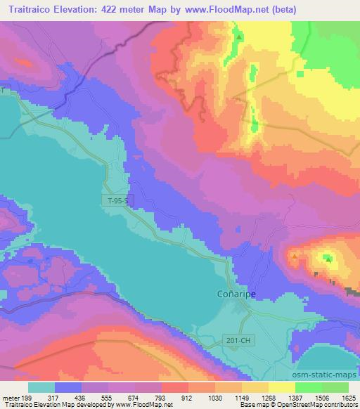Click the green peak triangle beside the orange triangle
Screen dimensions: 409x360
(x=328, y=258)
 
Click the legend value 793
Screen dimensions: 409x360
(x=162, y=397)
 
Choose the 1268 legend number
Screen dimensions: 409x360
(x=268, y=397)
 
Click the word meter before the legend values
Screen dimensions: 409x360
(x=11, y=397)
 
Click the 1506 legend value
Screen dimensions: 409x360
(x=321, y=397)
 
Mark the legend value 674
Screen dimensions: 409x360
(x=136, y=397)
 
